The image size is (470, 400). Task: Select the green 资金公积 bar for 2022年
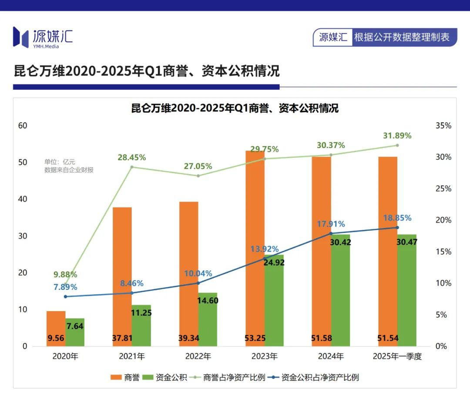(x=208, y=320)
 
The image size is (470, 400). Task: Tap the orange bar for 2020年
(x=56, y=329)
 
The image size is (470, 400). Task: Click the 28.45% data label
(x=131, y=157)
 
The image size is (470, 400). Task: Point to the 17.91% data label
(x=331, y=224)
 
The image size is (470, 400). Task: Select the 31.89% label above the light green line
(x=397, y=136)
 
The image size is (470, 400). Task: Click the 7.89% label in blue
(x=65, y=287)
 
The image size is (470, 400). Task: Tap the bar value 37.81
(x=122, y=338)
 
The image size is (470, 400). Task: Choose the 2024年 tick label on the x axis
(x=331, y=356)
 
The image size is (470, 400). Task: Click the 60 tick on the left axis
(x=23, y=126)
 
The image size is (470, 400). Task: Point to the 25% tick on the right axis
(x=443, y=189)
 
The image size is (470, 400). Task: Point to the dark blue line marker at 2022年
(x=198, y=283)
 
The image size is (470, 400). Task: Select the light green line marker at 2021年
(x=132, y=167)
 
